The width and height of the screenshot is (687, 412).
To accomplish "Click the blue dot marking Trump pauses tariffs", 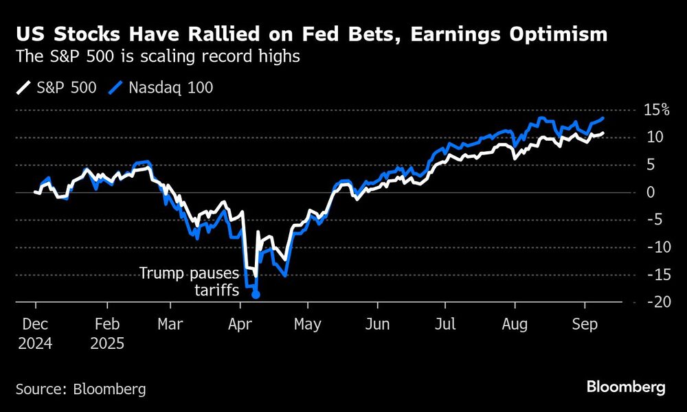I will (x=256, y=295).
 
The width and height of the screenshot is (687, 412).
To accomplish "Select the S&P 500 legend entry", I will (x=56, y=87).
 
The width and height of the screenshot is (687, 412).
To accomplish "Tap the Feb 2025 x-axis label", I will (x=106, y=332).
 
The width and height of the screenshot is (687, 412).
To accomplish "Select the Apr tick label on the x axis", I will (x=240, y=323).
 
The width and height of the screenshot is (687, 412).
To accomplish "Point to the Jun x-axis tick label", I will (x=378, y=323).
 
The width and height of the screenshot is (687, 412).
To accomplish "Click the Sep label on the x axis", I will (x=585, y=323).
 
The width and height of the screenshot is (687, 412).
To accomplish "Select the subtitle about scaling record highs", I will (x=157, y=57).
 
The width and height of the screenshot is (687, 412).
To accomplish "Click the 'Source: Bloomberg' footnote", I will (x=80, y=389).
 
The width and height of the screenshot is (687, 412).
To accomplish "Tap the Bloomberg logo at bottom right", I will (x=626, y=387).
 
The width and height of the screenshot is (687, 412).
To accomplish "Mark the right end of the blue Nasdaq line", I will (x=602, y=118).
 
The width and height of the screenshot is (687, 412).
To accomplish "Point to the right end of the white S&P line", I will (x=602, y=133).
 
